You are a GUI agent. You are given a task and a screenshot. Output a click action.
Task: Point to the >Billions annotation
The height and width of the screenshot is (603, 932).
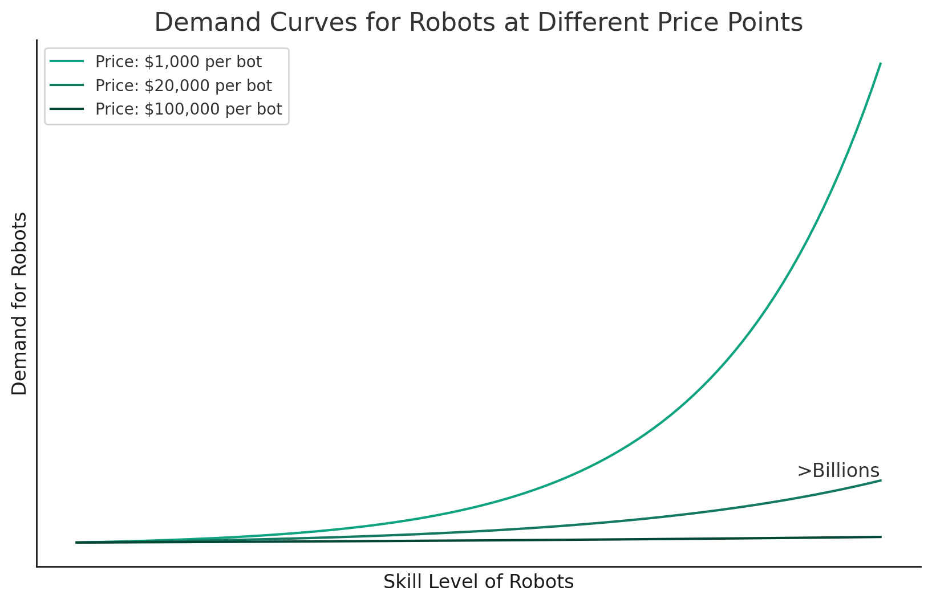pos(838,471)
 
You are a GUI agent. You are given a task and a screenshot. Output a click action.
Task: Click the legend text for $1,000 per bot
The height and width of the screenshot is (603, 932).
pos(179,62)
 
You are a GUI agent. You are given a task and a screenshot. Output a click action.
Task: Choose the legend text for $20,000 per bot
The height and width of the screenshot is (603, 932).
pos(183,85)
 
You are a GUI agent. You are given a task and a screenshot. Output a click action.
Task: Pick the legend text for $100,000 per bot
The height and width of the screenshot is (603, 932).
pos(188,109)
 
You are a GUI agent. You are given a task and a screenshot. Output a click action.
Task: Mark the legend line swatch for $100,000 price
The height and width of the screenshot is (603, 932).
pos(67,109)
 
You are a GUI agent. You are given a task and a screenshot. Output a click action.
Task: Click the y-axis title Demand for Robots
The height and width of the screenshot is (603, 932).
pos(19,303)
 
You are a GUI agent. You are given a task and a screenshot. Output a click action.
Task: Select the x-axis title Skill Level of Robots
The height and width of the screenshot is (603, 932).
pos(478,582)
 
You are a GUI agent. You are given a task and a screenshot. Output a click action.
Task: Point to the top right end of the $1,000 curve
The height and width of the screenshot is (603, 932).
pos(881,63)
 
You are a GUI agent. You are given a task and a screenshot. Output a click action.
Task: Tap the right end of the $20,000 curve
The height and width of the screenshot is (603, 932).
pos(881,480)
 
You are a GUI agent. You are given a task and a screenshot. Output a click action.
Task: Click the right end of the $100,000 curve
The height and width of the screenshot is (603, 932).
pos(881,537)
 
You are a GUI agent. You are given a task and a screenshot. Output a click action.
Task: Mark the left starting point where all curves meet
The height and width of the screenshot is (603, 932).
pos(76,543)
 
